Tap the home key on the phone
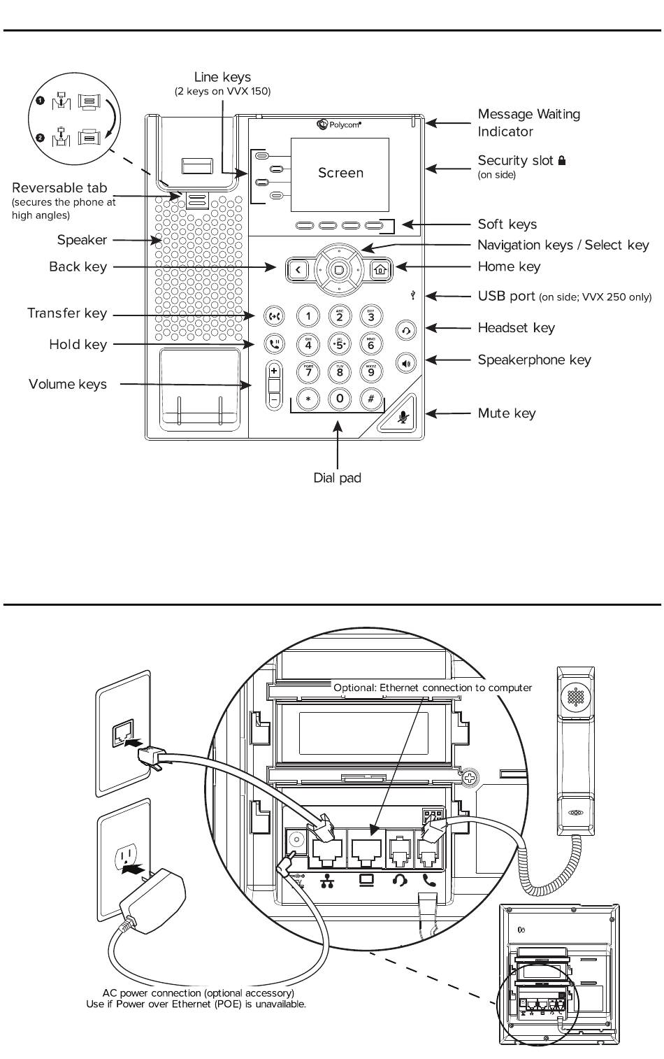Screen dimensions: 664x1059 (380, 269)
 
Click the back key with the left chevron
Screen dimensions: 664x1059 (298, 270)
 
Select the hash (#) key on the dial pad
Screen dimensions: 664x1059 (370, 399)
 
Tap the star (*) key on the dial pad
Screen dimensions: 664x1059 (308, 399)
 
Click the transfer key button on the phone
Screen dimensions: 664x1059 (274, 315)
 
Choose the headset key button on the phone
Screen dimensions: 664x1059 (406, 330)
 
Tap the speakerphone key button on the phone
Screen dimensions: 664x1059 (406, 363)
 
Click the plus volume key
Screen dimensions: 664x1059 (274, 371)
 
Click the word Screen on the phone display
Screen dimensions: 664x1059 (340, 173)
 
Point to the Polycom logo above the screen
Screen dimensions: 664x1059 (339, 125)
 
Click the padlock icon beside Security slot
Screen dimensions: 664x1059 (561, 160)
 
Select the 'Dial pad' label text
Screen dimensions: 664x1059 (337, 478)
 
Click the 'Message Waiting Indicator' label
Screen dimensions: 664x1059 (529, 122)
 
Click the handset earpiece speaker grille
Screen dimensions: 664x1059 (576, 696)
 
